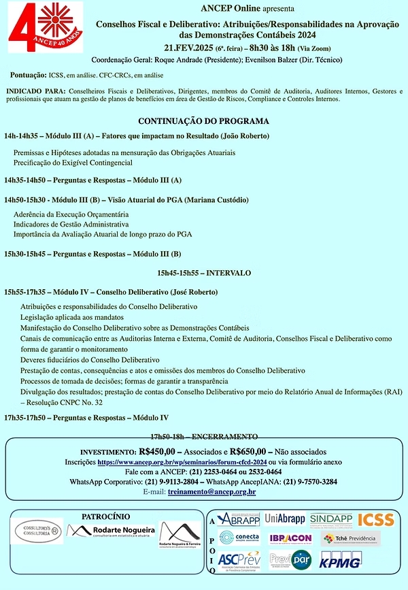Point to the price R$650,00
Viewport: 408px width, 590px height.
pos(251,451)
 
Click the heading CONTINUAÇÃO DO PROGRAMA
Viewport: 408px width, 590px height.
pos(203,121)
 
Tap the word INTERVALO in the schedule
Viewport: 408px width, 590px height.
pos(229,273)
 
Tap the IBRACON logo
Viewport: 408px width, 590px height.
pos(290,538)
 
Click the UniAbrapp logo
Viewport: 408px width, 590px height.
pos(285,519)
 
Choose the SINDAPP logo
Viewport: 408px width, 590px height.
pos(330,519)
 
